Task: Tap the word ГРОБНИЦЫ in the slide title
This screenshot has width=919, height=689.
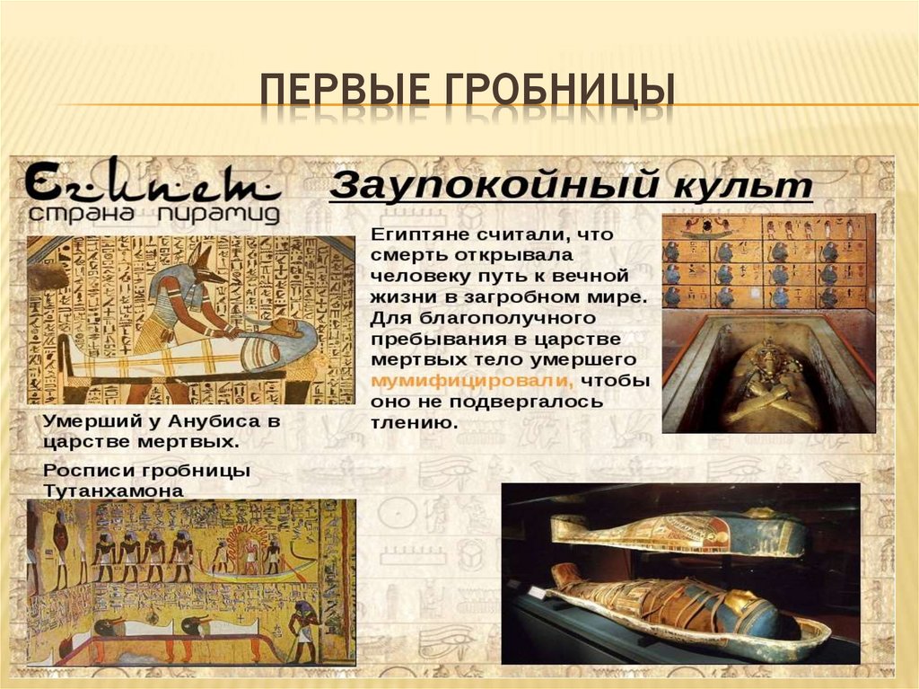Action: point(552,93)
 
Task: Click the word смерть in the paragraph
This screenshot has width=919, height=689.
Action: point(407,254)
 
